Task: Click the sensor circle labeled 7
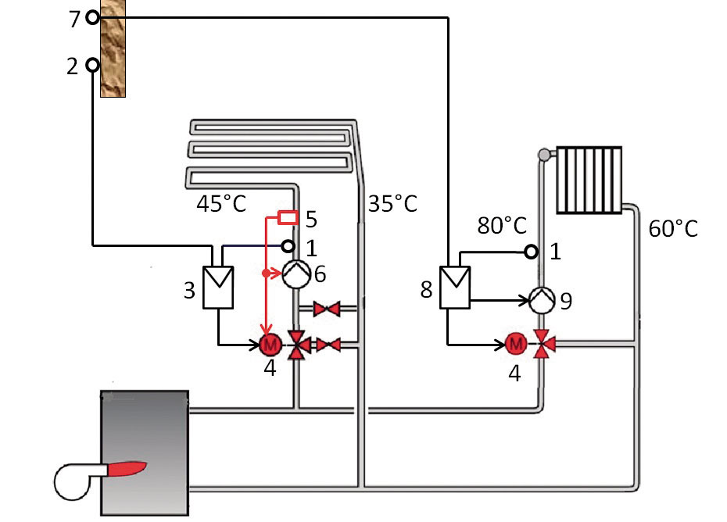93,18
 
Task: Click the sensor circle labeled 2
93,66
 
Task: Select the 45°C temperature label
221,204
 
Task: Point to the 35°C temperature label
392,204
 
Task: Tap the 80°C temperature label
502,226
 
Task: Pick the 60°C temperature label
673,228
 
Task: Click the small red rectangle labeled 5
288,217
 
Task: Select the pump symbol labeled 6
296,274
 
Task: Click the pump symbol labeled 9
542,300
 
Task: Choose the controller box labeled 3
218,288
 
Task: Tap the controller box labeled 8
455,287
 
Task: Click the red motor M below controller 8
516,344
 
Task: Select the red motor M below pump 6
270,345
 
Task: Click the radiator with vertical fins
589,181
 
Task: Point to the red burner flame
126,468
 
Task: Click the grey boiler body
145,453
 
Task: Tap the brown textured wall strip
113,48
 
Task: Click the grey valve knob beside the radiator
544,154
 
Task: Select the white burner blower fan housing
74,481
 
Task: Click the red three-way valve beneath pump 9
542,344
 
